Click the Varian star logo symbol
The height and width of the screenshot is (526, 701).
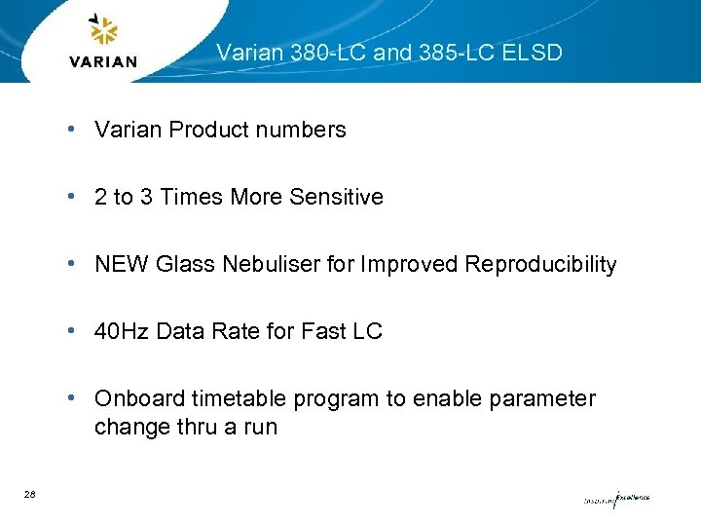pyautogui.click(x=103, y=31)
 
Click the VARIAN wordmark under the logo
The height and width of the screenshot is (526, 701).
pyautogui.click(x=104, y=61)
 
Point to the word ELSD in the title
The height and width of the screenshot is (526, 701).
pyautogui.click(x=533, y=53)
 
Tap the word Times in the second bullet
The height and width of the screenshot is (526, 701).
pyautogui.click(x=191, y=197)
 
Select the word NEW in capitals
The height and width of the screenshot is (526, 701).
pyautogui.click(x=119, y=264)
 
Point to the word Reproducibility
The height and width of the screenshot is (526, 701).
pyautogui.click(x=540, y=264)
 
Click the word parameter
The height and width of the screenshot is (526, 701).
pyautogui.click(x=544, y=399)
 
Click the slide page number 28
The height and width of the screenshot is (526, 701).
pyautogui.click(x=30, y=496)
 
